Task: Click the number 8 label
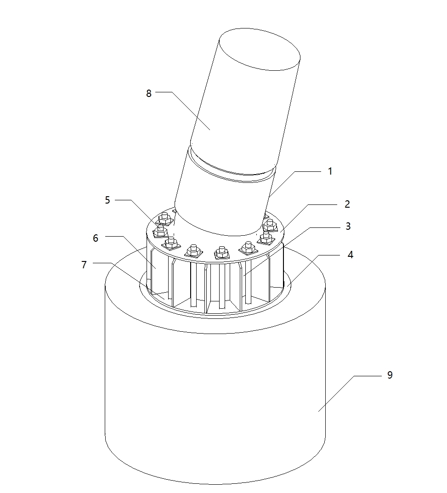coord(149,93)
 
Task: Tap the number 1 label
coord(330,171)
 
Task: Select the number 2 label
coord(347,204)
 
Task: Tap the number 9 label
coord(390,375)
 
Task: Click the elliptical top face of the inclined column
coord(260,50)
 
